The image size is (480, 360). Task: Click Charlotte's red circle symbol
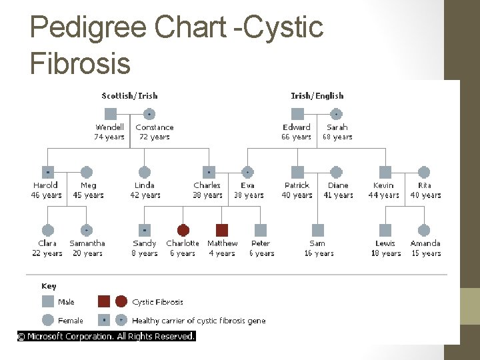[x=183, y=230]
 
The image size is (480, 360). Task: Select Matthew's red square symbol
[x=222, y=230]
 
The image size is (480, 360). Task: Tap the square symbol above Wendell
[x=111, y=114]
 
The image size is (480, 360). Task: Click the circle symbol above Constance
[x=149, y=114]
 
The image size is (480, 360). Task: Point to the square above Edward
[x=297, y=114]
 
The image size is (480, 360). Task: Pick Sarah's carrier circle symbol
[x=337, y=114]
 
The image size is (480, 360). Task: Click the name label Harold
[x=46, y=185]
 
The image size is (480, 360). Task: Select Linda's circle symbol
[x=145, y=172]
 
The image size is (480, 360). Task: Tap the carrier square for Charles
[x=209, y=172]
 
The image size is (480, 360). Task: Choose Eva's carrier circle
[x=248, y=172]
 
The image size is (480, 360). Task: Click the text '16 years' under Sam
[x=318, y=253]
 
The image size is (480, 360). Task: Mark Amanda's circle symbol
[x=424, y=230]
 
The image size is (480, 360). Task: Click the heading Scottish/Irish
[x=129, y=96]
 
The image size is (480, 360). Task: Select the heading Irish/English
[x=317, y=96]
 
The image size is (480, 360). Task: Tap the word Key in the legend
[x=49, y=286]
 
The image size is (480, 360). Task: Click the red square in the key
[x=105, y=301]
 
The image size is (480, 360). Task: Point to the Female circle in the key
[x=47, y=320]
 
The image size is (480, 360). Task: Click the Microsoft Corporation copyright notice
[x=107, y=337]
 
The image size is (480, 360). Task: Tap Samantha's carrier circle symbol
[x=86, y=230]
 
